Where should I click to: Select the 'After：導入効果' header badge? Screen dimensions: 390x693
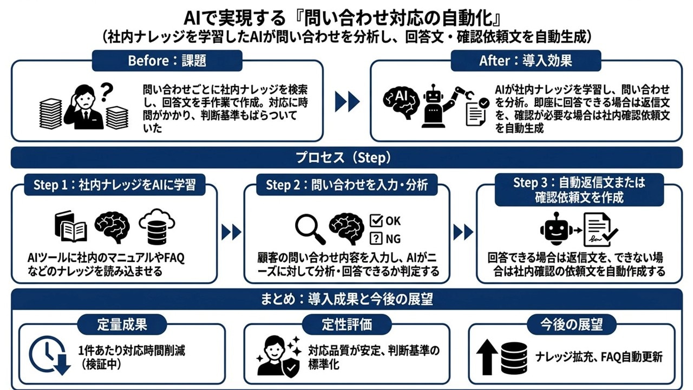[525, 61]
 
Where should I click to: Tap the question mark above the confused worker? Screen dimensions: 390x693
[107, 89]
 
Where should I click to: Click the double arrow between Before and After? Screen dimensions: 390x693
[347, 101]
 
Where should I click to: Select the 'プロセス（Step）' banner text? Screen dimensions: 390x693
[346, 158]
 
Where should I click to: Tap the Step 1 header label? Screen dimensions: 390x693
[114, 186]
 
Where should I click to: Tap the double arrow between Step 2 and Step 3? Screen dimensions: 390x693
[463, 232]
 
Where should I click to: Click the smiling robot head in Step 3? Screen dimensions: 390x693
[554, 228]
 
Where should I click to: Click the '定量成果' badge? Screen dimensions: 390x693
[122, 324]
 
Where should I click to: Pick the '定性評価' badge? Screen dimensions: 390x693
[346, 324]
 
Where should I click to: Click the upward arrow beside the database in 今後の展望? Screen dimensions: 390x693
[487, 355]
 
